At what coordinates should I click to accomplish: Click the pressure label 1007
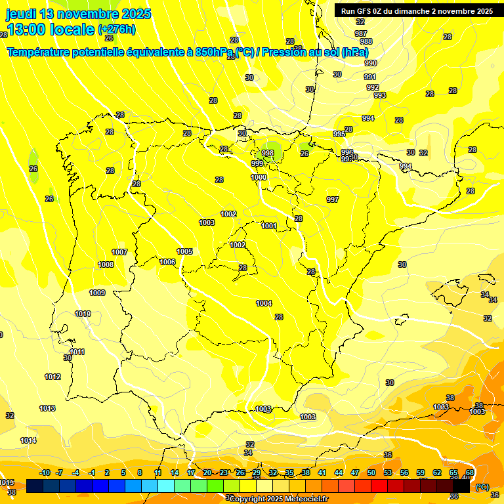[119, 252]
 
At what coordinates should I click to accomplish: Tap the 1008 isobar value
[106, 264]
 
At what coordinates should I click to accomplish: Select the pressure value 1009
[97, 293]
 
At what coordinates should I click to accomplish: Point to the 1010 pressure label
[83, 314]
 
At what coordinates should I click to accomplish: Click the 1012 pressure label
[52, 377]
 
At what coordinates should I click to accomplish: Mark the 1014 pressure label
[28, 440]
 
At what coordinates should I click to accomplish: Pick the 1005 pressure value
[184, 251]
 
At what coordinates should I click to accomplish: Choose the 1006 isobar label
[167, 262]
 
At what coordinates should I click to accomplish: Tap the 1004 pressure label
[264, 303]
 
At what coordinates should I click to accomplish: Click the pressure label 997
[333, 199]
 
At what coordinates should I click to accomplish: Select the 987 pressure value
[361, 33]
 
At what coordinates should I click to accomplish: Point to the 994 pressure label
[368, 118]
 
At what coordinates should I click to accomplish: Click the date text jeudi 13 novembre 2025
[79, 14]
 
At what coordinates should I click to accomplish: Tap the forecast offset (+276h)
[117, 29]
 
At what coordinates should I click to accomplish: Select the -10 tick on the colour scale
[45, 472]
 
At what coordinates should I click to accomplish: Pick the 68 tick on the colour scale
[470, 472]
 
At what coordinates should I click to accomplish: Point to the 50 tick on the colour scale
[371, 472]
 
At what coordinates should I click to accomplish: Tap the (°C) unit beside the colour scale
[482, 487]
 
